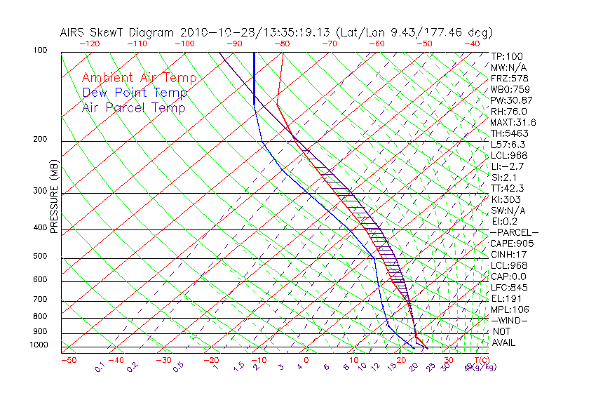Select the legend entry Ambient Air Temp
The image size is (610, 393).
tap(139, 78)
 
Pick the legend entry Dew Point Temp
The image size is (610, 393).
tap(134, 93)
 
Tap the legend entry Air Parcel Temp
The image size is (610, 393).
tap(133, 107)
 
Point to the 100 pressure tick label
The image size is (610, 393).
tap(40, 51)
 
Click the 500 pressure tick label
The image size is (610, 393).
tap(40, 257)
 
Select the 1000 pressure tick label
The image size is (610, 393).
tap(38, 345)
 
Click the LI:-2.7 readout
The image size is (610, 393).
tap(508, 166)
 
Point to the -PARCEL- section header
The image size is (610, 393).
tap(514, 232)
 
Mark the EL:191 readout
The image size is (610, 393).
tap(506, 298)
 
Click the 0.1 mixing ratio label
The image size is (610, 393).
tap(100, 366)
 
